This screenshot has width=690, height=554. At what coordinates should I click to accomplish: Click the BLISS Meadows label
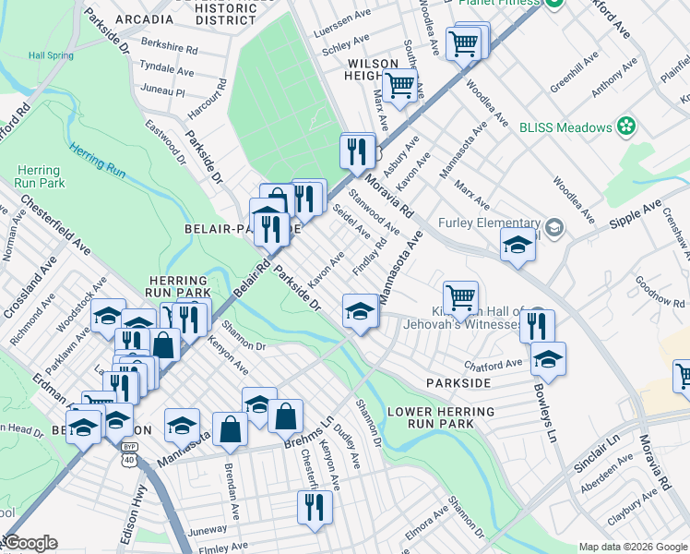point(565,126)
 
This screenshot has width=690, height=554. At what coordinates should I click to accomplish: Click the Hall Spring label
point(50,55)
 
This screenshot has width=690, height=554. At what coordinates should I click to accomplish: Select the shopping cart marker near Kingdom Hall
point(460,297)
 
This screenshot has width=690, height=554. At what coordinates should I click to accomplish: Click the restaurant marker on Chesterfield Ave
point(315,507)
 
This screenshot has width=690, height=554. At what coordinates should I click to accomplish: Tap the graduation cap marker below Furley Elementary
point(517,245)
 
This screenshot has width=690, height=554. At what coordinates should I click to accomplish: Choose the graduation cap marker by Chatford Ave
point(548,358)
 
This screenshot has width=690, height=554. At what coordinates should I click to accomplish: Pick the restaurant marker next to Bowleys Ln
point(537,325)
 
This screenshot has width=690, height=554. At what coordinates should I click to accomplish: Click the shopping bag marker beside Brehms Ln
point(286,415)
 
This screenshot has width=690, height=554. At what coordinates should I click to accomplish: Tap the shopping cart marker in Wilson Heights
point(399,85)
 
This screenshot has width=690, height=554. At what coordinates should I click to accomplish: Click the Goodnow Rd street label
point(659,295)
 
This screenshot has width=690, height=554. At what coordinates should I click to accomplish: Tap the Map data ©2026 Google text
point(633,547)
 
